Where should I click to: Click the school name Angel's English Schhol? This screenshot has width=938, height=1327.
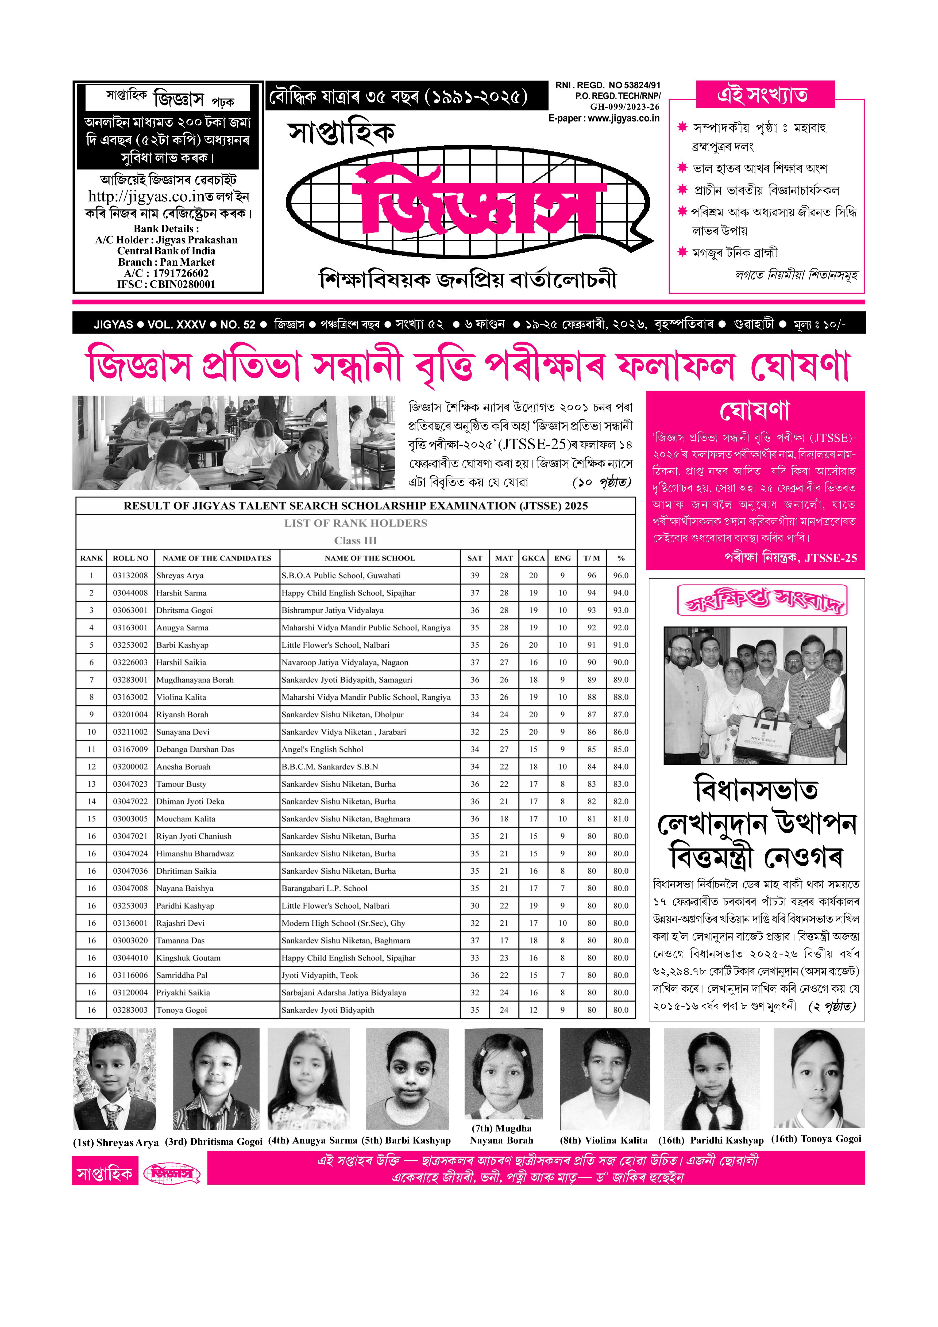point(322,749)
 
